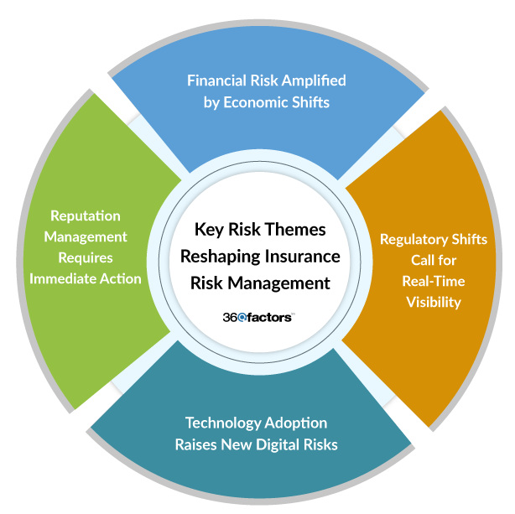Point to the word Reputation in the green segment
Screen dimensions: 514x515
point(86,216)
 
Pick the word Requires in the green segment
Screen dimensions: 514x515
point(86,257)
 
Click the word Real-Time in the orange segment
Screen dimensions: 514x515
point(433,281)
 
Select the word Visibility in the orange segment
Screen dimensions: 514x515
point(433,302)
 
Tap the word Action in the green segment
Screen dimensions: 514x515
point(121,278)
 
